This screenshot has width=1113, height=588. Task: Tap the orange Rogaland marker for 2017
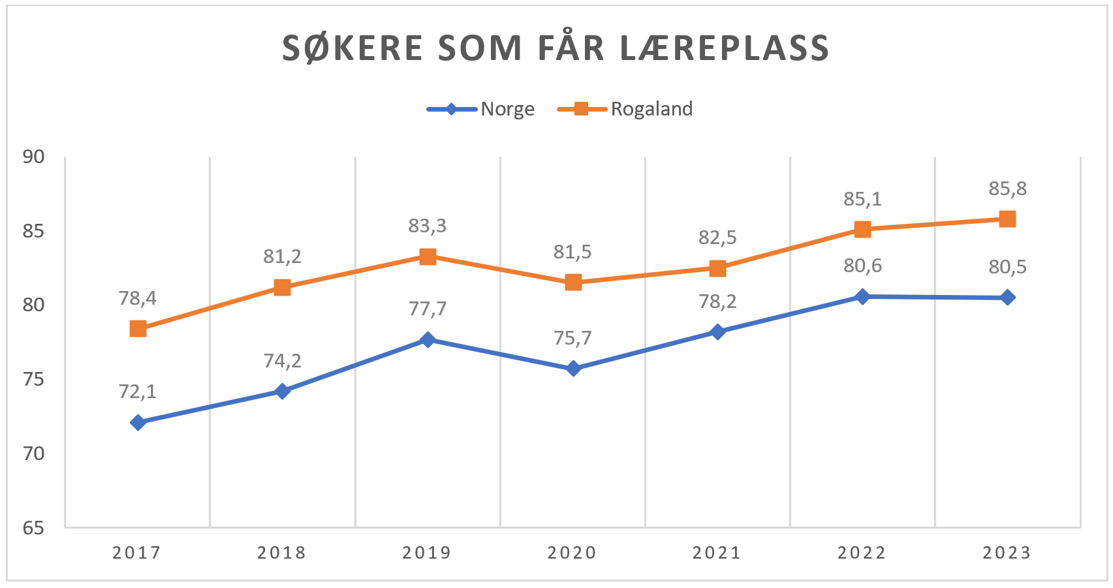[x=138, y=328]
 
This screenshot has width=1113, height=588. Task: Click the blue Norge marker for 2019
[x=428, y=339]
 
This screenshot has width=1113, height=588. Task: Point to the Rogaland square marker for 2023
[x=1007, y=219]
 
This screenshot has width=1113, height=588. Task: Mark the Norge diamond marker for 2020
[x=573, y=369]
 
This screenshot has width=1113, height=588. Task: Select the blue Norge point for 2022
[x=862, y=296]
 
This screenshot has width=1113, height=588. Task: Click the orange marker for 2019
[x=428, y=256]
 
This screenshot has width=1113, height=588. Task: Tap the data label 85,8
[x=1007, y=189]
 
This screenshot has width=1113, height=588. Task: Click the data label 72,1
[x=138, y=392]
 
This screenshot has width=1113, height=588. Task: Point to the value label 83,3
[x=428, y=226]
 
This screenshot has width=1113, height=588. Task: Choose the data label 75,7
[x=572, y=338]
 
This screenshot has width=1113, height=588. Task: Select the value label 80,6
[x=862, y=266]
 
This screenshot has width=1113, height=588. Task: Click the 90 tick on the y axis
[x=33, y=157]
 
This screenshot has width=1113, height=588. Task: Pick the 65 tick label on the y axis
[x=33, y=527]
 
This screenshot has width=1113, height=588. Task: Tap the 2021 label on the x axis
[x=717, y=553]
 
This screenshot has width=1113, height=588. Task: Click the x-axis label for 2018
[x=281, y=553]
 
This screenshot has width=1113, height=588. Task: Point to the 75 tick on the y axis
[x=33, y=379]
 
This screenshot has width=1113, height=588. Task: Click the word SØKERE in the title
[x=353, y=48]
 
